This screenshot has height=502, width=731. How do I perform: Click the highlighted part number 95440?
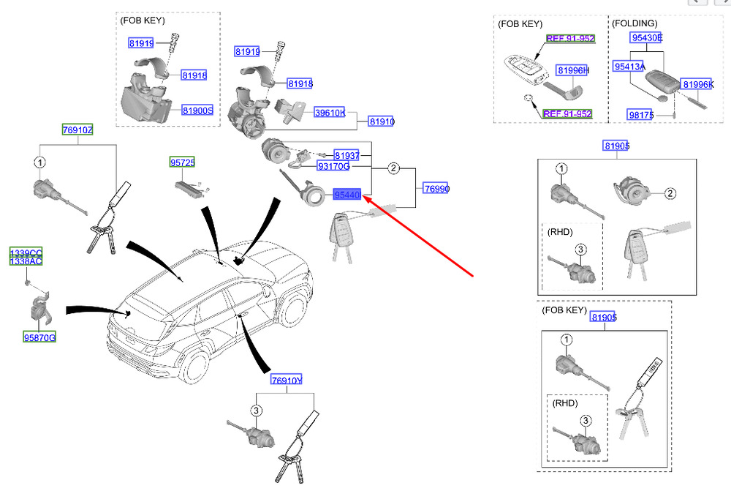point(347,195)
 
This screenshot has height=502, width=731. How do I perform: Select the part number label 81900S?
point(197,110)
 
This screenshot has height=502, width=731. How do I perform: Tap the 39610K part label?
point(330,113)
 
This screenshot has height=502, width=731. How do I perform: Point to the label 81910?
point(382,121)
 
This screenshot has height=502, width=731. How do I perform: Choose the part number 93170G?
point(333,167)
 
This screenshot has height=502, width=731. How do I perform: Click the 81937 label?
point(346,155)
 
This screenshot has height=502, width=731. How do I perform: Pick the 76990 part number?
point(436,189)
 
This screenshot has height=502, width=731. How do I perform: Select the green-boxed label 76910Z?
point(77,130)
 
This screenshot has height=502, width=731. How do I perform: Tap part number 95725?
point(183,163)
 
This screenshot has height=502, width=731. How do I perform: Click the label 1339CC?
point(26,253)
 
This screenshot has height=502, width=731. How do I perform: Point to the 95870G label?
point(39,337)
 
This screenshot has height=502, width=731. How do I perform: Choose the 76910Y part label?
point(287,380)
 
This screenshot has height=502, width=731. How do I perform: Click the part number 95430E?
point(648,37)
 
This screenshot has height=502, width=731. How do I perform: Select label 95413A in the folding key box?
point(629,67)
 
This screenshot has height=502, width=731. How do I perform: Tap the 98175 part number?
point(640,114)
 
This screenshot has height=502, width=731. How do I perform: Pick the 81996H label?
point(572,70)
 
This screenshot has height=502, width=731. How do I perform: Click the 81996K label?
point(697,85)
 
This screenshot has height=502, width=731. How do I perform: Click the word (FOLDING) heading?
point(634,23)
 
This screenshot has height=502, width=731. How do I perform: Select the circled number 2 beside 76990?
point(393,169)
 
